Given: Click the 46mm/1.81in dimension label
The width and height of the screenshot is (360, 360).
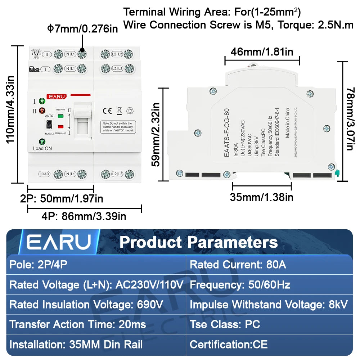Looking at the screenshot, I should point(262,52).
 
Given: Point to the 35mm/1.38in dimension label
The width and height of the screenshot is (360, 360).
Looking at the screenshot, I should point(262,197).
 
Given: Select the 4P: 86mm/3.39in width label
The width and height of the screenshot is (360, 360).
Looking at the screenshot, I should point(84,216).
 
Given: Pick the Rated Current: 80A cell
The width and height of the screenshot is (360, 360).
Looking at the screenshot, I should point(238,265).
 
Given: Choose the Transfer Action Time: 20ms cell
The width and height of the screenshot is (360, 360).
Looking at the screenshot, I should point(78,324).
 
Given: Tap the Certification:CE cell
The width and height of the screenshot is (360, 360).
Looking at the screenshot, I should point(229,344).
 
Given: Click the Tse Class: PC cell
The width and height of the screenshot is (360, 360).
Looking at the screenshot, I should point(225,324).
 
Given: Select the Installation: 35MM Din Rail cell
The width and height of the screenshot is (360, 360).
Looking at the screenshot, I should point(76,344).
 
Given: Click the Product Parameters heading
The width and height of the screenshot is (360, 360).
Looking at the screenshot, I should point(198,242).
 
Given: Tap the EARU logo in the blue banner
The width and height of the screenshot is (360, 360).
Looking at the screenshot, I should point(59,242).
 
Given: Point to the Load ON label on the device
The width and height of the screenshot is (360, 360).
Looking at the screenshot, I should point(42,148).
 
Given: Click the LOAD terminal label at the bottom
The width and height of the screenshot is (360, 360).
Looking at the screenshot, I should point(44,174).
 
